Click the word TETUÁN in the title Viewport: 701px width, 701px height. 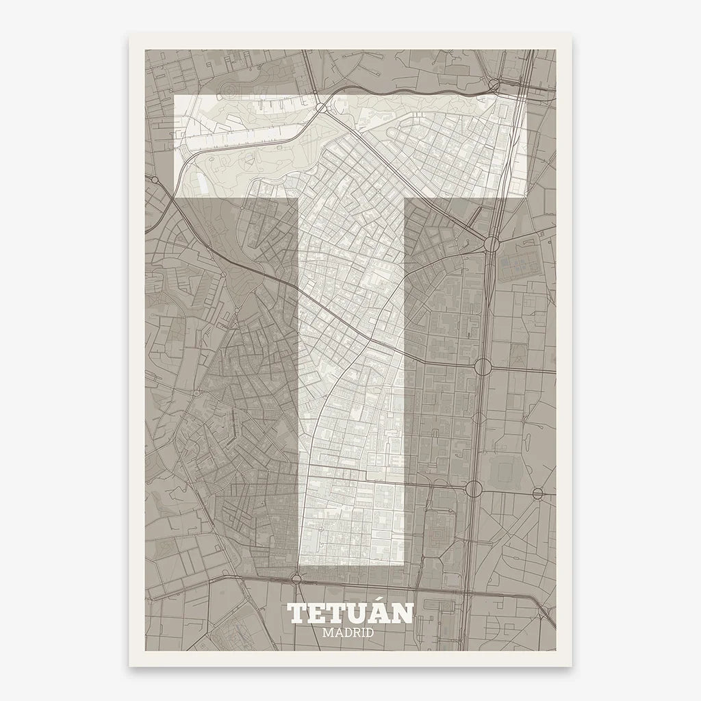350,613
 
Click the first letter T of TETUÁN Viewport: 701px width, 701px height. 298,614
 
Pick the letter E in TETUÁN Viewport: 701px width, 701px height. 316,614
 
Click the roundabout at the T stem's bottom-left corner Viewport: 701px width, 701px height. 296,578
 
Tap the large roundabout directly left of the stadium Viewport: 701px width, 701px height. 473,489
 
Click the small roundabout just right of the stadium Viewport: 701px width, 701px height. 538,493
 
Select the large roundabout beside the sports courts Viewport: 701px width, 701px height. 490,244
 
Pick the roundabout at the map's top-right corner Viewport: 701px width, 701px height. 494,85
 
